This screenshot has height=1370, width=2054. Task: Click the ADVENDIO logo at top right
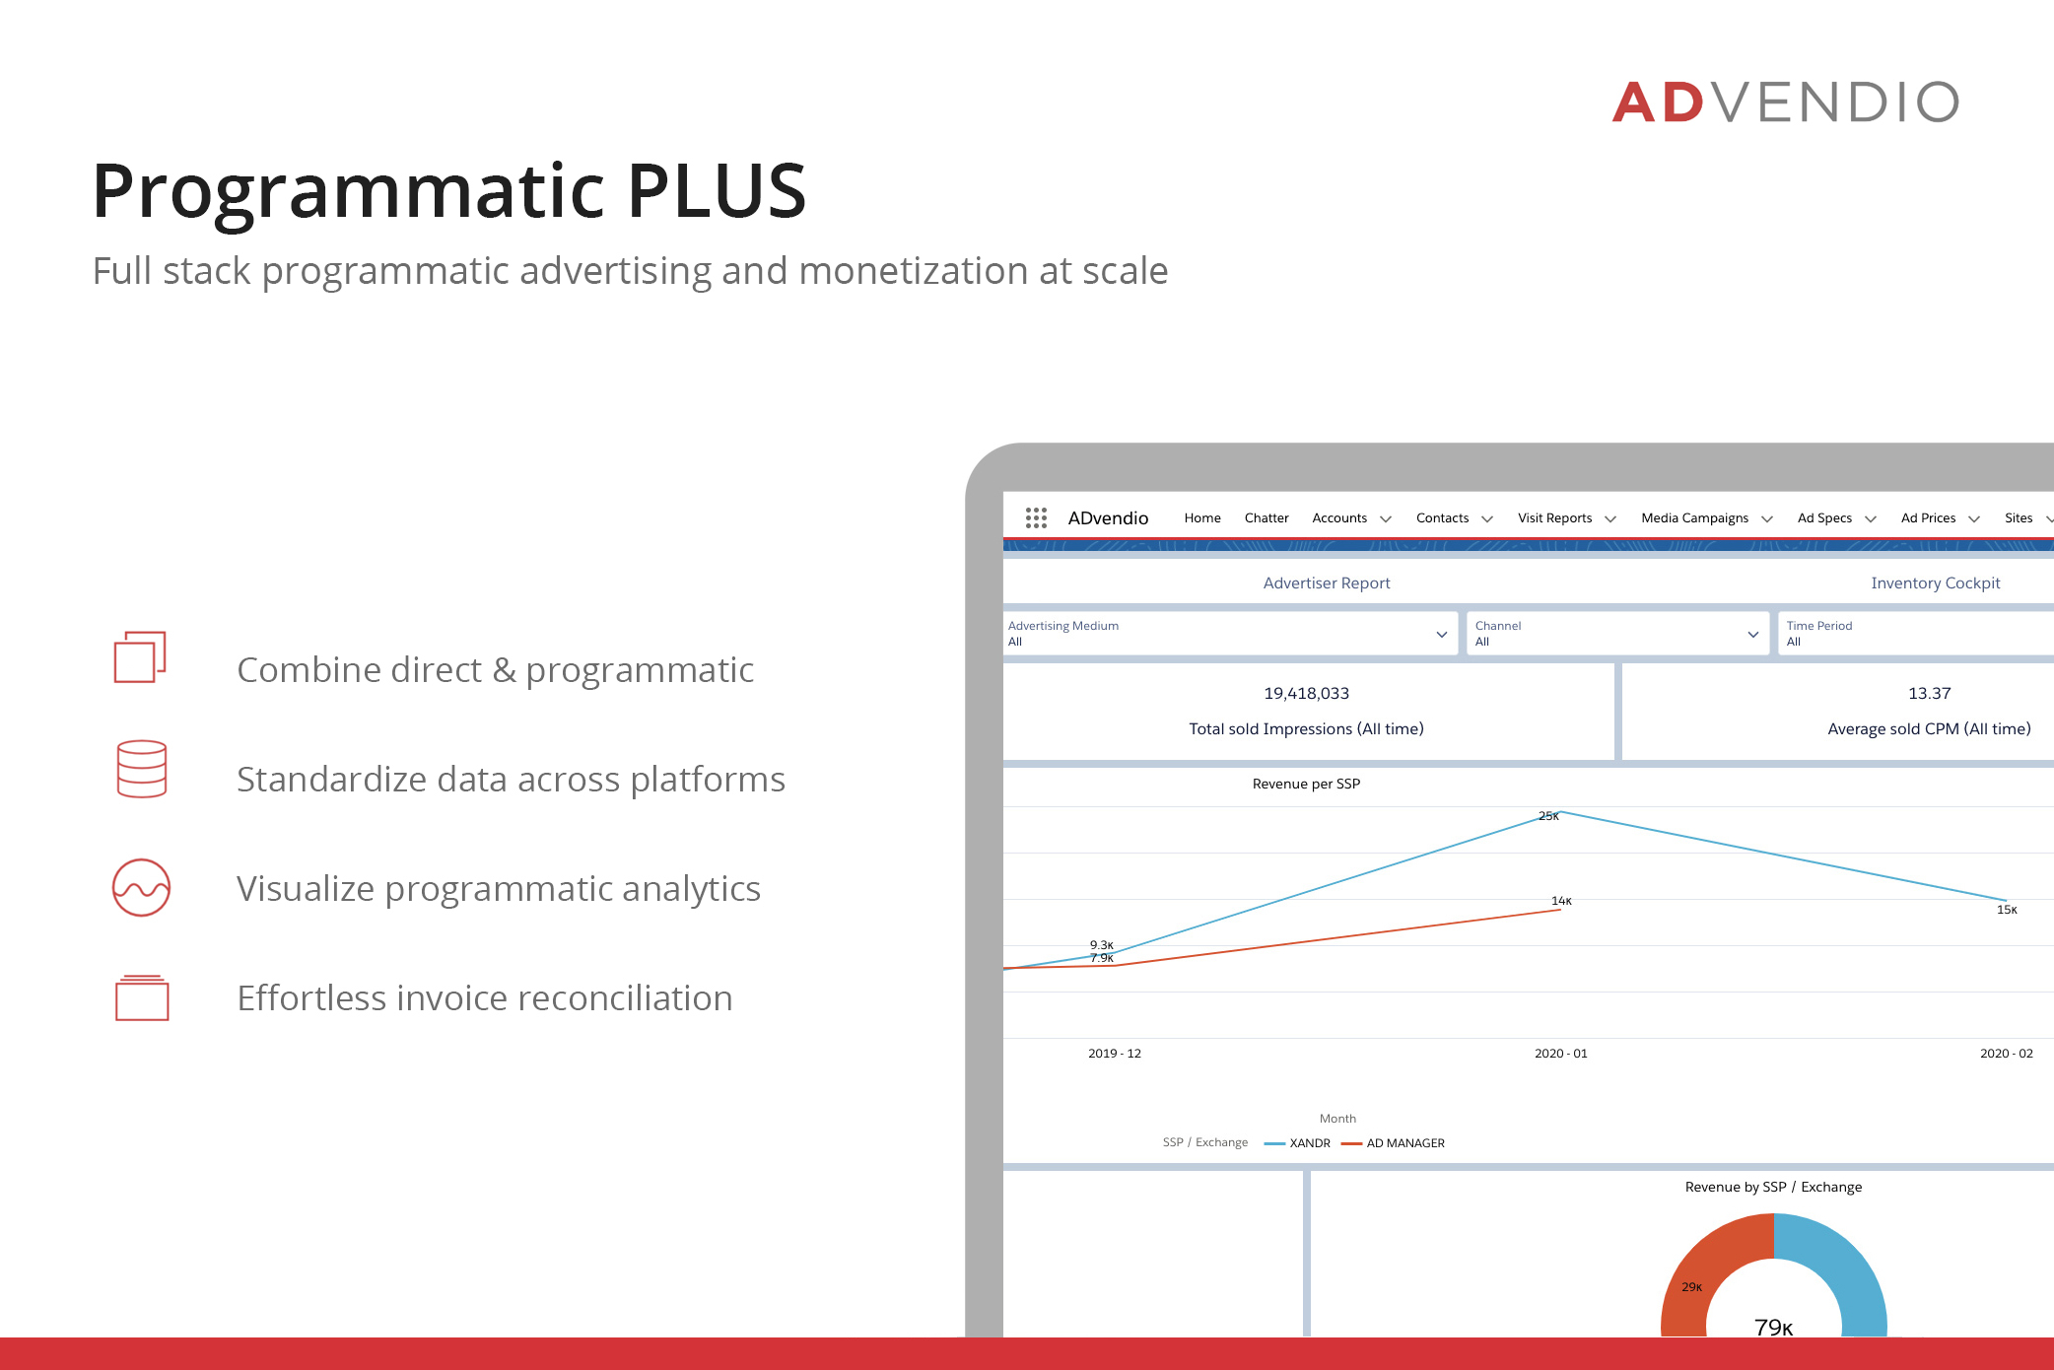pyautogui.click(x=1785, y=102)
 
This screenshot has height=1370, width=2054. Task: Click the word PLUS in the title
pyautogui.click(x=717, y=190)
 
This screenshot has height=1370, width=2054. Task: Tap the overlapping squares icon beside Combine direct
pyautogui.click(x=140, y=656)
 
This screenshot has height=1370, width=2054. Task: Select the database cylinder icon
pyautogui.click(x=142, y=769)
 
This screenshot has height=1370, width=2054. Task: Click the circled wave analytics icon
pyautogui.click(x=141, y=887)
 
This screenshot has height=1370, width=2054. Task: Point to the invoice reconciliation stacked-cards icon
pyautogui.click(x=142, y=997)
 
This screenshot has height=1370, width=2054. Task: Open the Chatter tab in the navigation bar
pyautogui.click(x=1267, y=518)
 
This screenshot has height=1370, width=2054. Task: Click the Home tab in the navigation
pyautogui.click(x=1202, y=518)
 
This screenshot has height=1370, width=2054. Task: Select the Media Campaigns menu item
pyautogui.click(x=1695, y=518)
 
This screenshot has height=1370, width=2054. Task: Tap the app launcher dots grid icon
pyautogui.click(x=1036, y=518)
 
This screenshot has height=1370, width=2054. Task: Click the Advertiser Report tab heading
pyautogui.click(x=1327, y=583)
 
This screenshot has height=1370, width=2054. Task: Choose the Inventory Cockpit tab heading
pyautogui.click(x=1936, y=583)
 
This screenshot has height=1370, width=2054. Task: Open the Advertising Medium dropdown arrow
pyautogui.click(x=1441, y=635)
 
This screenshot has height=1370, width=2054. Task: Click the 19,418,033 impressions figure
pyautogui.click(x=1307, y=694)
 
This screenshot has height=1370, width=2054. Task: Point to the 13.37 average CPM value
pyautogui.click(x=1930, y=694)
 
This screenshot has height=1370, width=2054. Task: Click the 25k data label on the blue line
pyautogui.click(x=1548, y=816)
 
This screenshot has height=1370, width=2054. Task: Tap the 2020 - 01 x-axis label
pyautogui.click(x=1561, y=1054)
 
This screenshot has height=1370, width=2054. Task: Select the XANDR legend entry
pyautogui.click(x=1297, y=1143)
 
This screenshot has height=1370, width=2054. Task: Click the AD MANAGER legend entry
pyautogui.click(x=1393, y=1143)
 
